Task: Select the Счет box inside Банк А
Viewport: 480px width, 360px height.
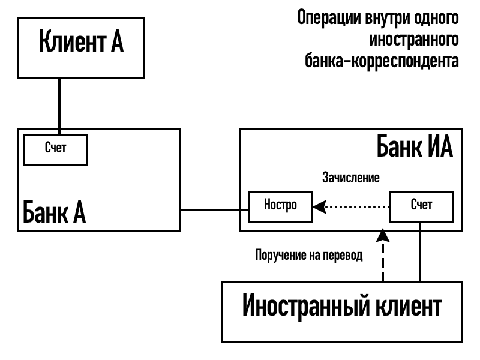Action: (55, 149)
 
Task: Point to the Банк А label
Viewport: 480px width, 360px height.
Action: (54, 212)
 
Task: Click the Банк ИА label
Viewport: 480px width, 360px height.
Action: (414, 147)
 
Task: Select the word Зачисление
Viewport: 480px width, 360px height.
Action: (351, 178)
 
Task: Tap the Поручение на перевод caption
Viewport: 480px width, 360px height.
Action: (309, 255)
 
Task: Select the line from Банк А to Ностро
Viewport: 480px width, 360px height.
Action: (215, 209)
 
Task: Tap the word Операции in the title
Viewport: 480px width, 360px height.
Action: (330, 17)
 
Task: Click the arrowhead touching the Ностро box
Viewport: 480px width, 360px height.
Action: (319, 206)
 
